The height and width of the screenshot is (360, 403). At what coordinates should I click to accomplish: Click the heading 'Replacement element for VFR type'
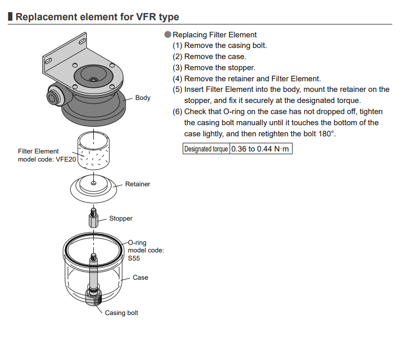pos(97,17)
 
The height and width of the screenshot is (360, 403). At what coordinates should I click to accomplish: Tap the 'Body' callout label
pos(143,98)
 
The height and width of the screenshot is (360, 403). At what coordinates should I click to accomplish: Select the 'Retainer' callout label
pos(138,184)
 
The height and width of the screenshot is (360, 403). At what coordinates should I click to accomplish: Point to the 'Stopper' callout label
pos(121,219)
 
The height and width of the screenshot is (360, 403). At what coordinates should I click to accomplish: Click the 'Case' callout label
pos(140,278)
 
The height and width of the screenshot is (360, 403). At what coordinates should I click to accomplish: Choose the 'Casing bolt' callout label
pos(121,313)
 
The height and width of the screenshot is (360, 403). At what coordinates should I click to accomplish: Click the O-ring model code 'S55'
pos(134,258)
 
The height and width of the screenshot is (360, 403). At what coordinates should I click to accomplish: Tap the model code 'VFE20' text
pos(65,159)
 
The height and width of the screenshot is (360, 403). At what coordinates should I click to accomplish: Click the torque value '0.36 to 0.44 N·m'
pos(261,149)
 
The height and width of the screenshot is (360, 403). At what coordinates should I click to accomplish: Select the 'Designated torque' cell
pos(206,149)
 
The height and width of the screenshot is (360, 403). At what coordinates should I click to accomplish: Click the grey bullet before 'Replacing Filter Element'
pos(168,35)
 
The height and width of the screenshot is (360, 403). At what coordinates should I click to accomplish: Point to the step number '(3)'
pos(177,68)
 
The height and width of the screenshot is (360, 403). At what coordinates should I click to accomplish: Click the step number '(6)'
pos(177,111)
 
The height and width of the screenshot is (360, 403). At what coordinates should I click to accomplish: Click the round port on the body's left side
pos(52,94)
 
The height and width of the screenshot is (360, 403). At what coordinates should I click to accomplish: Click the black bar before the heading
pos(11,17)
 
